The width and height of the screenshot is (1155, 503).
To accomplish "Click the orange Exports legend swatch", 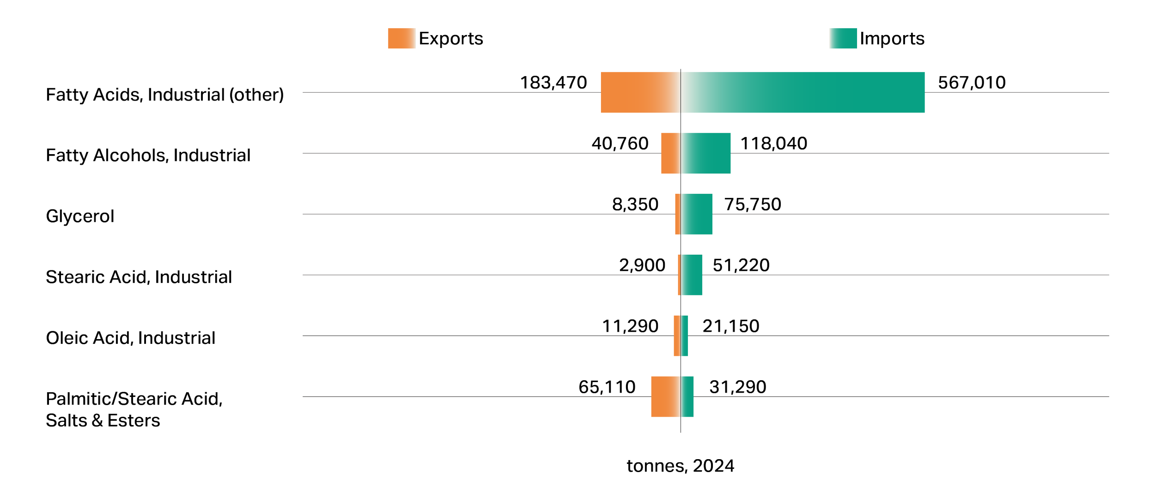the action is (401, 38).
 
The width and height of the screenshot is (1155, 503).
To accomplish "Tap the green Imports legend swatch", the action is (843, 38).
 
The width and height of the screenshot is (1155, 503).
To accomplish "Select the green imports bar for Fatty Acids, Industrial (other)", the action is (803, 92).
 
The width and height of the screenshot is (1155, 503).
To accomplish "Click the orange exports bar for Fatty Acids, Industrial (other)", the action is (641, 92).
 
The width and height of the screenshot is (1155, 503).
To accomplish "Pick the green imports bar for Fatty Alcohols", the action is (706, 153).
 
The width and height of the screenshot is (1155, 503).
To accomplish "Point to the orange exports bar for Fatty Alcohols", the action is (671, 153).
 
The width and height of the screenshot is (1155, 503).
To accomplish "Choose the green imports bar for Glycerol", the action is (697, 214).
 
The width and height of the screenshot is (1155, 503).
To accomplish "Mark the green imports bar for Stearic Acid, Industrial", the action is (692, 275).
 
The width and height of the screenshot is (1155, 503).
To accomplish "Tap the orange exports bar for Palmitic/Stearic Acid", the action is (666, 397).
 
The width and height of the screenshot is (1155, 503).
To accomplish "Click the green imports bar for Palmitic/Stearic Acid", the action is (687, 397).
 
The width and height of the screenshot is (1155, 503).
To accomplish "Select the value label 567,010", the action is (972, 83).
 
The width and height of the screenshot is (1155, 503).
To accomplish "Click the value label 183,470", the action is (553, 83).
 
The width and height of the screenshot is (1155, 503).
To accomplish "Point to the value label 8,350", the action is (635, 205).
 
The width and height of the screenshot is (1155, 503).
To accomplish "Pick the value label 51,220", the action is (741, 266).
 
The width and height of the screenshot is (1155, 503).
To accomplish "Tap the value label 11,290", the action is (630, 327).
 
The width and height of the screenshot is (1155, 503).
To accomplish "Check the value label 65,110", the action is (607, 388).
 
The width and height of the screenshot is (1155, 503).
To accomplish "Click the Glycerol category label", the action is (80, 216).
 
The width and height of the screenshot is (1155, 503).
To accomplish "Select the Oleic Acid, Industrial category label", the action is (131, 338).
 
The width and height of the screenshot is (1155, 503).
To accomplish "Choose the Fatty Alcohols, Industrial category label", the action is (148, 156).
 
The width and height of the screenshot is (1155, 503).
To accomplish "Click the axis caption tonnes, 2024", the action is (681, 466).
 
